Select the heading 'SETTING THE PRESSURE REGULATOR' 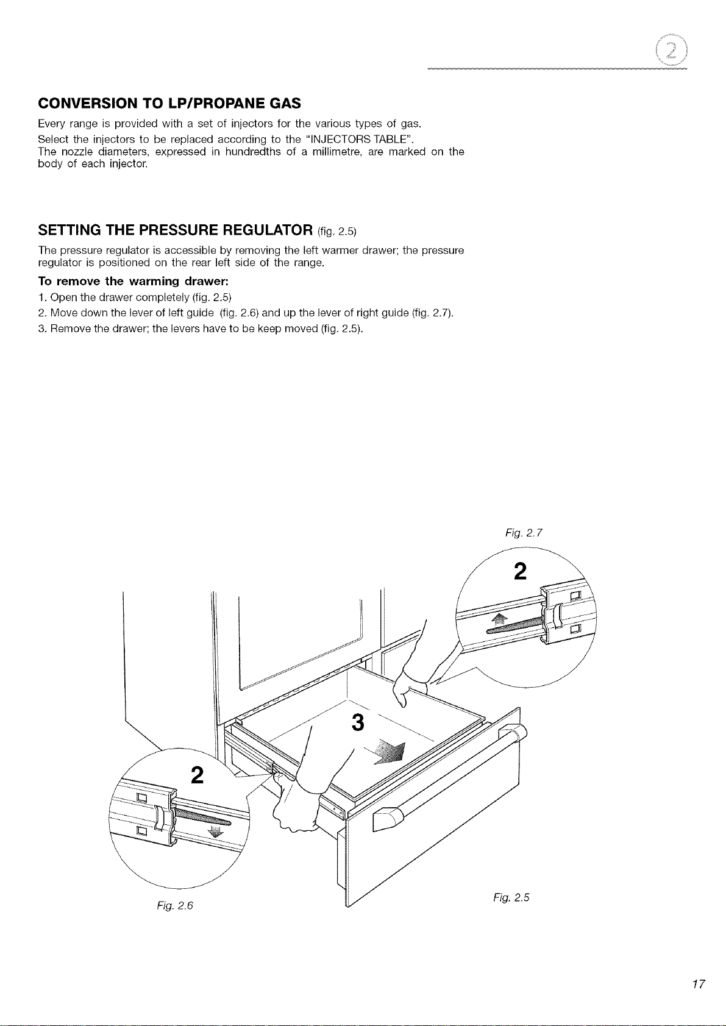click(176, 229)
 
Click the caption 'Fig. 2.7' click(524, 533)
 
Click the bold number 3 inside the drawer click(358, 723)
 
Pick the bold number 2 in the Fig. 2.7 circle click(521, 571)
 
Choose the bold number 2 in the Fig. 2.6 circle click(197, 775)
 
